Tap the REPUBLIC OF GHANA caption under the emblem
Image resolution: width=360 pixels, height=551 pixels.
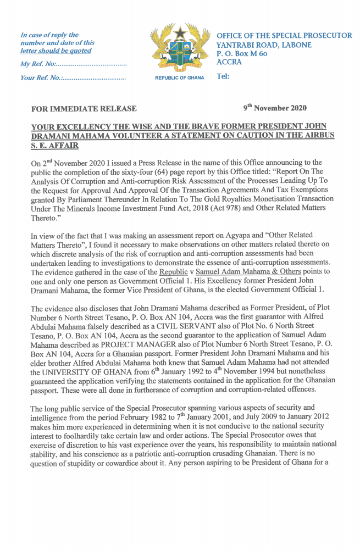pos(180,77)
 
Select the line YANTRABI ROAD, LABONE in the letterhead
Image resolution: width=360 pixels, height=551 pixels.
pos(264,44)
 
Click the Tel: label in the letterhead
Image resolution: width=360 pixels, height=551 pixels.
pos(223,76)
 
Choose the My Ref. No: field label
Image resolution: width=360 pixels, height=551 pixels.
pos(38,65)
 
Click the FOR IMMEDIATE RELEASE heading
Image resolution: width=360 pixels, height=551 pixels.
pos(84,109)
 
